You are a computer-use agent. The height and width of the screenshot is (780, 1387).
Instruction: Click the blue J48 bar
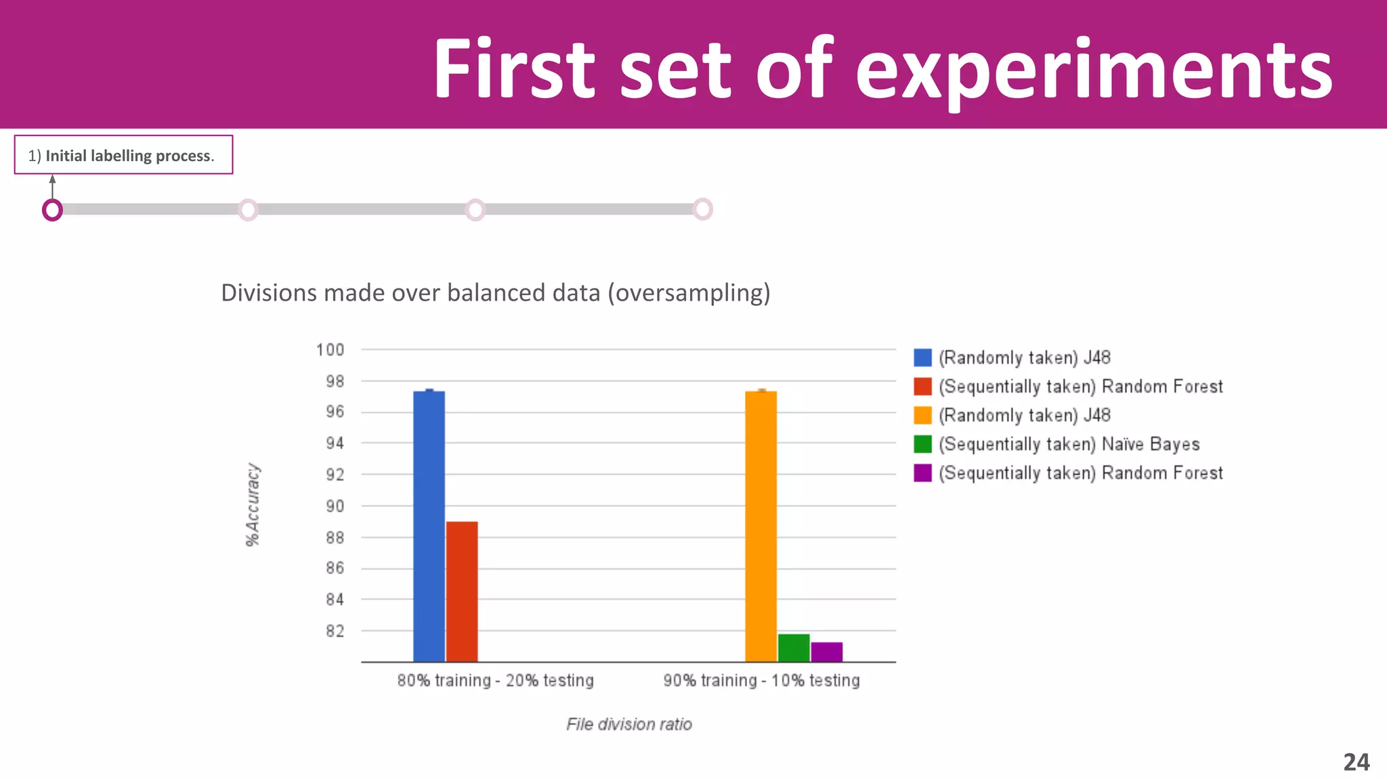tap(429, 526)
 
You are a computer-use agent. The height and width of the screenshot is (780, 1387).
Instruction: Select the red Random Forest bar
tap(462, 591)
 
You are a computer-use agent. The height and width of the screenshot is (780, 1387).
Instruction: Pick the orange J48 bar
tap(761, 526)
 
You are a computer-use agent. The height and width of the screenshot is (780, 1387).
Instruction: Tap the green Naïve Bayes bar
tap(794, 648)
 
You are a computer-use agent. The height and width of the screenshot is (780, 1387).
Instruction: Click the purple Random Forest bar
tap(827, 652)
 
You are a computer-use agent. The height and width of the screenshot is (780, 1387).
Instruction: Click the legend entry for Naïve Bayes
tap(1069, 444)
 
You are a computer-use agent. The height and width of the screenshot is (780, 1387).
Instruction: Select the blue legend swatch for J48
tap(922, 357)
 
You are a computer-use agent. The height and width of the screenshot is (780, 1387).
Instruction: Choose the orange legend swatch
tap(922, 415)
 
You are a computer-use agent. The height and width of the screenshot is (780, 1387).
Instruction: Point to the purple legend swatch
tap(922, 473)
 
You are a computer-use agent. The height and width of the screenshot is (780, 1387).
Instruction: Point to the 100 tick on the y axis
tap(330, 350)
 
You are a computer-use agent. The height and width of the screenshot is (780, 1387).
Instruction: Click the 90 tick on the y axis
tap(335, 506)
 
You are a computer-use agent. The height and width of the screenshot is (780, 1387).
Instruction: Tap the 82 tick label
tap(335, 631)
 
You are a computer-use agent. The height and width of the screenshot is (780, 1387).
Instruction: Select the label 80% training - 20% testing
tap(495, 680)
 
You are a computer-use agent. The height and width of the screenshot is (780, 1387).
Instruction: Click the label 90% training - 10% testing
tap(761, 680)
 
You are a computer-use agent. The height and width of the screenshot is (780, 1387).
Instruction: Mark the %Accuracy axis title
tap(253, 504)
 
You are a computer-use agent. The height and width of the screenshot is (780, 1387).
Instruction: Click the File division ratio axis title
tap(628, 724)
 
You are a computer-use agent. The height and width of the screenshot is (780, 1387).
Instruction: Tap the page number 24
tap(1356, 762)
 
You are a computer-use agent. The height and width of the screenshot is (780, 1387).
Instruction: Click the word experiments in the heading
tap(1093, 69)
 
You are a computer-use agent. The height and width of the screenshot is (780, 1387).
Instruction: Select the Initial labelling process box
tap(124, 155)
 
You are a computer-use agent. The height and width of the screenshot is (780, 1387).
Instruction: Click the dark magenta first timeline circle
tap(52, 210)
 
